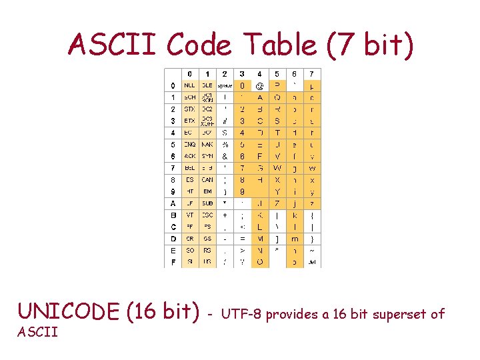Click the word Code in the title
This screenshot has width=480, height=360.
tap(199, 46)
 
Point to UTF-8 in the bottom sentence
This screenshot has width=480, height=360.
tap(241, 314)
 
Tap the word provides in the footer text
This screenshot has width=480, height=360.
tap(290, 314)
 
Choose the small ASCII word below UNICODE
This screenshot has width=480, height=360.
tap(37, 333)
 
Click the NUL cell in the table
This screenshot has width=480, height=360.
tap(190, 85)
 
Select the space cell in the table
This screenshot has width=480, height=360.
tap(225, 85)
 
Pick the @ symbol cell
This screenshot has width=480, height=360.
tap(259, 85)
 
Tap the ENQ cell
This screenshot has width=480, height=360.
tap(190, 144)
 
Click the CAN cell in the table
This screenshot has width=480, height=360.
tap(207, 179)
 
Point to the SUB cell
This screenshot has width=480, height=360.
tap(207, 203)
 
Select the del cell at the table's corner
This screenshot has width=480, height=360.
tap(311, 262)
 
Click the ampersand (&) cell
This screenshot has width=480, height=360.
tap(225, 156)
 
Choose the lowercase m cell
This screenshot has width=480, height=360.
tap(294, 239)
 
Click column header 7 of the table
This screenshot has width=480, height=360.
tap(311, 73)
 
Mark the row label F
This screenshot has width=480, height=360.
tap(173, 262)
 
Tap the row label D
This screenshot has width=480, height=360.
tap(173, 239)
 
